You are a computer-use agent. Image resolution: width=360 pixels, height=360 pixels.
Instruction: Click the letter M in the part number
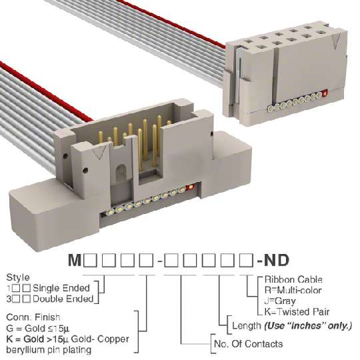tap(75, 260)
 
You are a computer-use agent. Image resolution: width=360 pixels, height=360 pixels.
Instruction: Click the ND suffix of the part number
tap(277, 260)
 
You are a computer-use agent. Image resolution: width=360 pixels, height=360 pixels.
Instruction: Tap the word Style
tap(18, 277)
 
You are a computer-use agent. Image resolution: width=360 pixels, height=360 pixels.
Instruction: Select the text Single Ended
tap(61, 288)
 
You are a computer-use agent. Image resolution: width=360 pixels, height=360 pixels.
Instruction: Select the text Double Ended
tap(63, 299)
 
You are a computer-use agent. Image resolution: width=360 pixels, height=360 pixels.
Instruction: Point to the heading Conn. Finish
tap(33, 317)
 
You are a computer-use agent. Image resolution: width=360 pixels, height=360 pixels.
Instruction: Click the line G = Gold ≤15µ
tap(37, 328)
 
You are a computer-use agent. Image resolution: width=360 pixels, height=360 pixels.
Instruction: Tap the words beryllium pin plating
tap(49, 350)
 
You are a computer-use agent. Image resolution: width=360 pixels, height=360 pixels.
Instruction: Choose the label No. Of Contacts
tap(248, 344)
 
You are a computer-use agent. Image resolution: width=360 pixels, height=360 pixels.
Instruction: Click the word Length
tap(247, 325)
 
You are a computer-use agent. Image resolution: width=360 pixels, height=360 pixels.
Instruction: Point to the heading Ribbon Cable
tap(293, 279)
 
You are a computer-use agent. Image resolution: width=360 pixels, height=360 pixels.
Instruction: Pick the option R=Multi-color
tap(293, 290)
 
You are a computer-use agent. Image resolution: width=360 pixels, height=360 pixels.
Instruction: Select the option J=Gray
tap(280, 301)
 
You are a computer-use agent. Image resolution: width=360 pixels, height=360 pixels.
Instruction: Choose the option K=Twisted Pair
tap(297, 312)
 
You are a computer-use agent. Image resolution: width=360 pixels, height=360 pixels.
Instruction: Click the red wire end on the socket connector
tap(325, 93)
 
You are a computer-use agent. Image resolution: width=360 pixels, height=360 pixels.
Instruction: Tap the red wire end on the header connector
tap(191, 187)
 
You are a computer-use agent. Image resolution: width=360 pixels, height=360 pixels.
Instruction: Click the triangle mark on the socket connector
tap(336, 41)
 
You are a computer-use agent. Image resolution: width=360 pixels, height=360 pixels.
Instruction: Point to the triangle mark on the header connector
tap(99, 151)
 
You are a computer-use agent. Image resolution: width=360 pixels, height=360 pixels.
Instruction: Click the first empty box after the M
tap(90, 260)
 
